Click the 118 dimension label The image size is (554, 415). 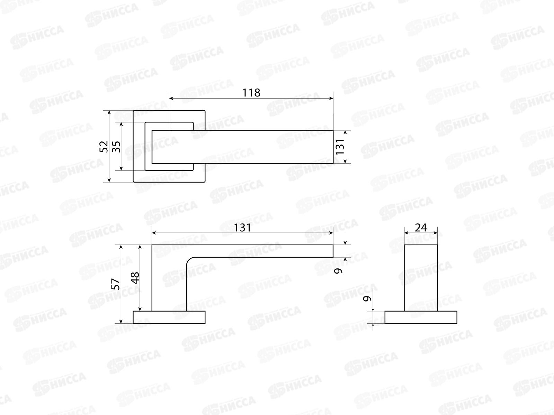[x=251, y=93]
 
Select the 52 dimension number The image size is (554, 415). [x=104, y=146]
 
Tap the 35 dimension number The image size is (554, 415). [x=116, y=146]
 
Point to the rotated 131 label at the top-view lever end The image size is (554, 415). [x=340, y=147]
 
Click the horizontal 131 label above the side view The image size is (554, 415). [x=242, y=228]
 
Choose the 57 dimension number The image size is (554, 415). [x=116, y=284]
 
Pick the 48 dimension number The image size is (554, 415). [x=135, y=278]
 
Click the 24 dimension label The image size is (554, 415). [x=421, y=228]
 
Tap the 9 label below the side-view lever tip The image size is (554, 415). [x=338, y=271]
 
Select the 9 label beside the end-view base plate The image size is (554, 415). [x=367, y=298]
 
